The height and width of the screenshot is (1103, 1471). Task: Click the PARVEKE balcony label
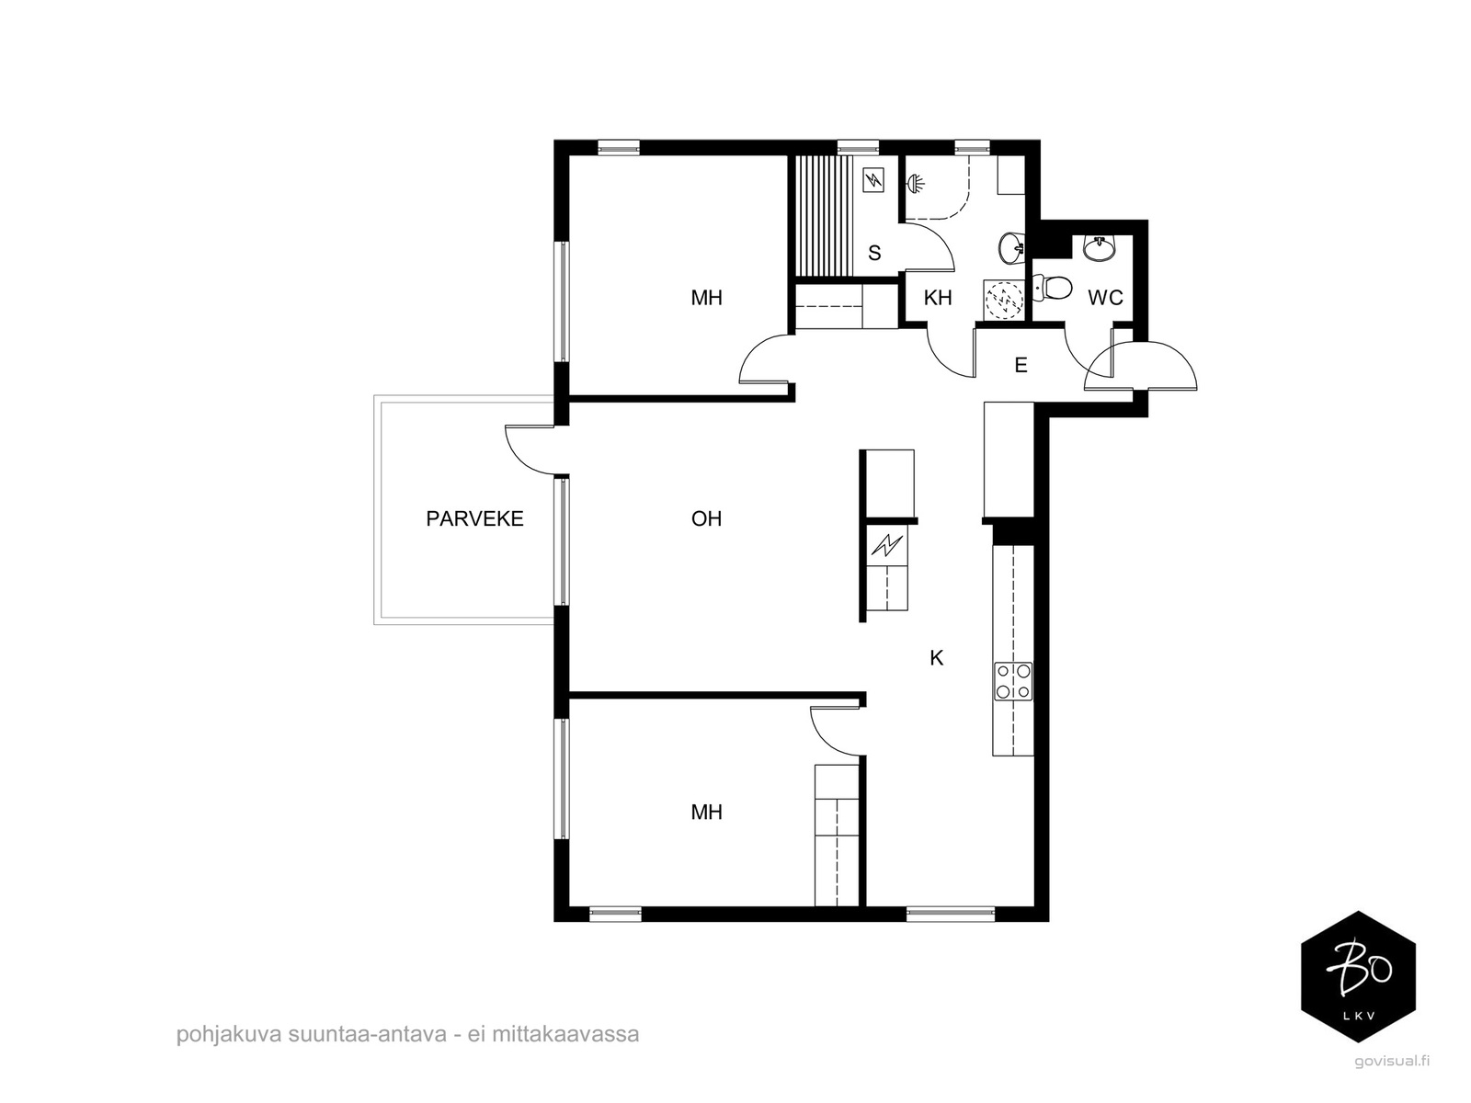pyautogui.click(x=474, y=518)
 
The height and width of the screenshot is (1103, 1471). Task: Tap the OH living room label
pyautogui.click(x=706, y=518)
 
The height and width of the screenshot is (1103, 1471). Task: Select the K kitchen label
pyautogui.click(x=936, y=658)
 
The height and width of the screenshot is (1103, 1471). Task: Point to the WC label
pyautogui.click(x=1105, y=297)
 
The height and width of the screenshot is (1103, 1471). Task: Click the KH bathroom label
pyautogui.click(x=938, y=297)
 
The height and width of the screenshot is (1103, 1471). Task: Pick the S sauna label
pyautogui.click(x=874, y=253)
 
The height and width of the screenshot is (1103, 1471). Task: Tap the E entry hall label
pyautogui.click(x=1021, y=365)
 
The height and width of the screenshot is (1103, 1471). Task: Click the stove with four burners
pyautogui.click(x=1012, y=681)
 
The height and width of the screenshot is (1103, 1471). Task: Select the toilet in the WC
pyautogui.click(x=1052, y=289)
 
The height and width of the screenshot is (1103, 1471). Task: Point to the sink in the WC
pyautogui.click(x=1099, y=248)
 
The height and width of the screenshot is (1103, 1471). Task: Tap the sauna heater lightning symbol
pyautogui.click(x=874, y=179)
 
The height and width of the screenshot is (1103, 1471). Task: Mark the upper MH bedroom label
pyautogui.click(x=706, y=297)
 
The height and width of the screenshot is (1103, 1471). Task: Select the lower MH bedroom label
pyautogui.click(x=706, y=813)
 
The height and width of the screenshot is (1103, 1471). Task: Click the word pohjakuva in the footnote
pyautogui.click(x=229, y=1034)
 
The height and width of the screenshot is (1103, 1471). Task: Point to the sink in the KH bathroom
pyautogui.click(x=1011, y=248)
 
